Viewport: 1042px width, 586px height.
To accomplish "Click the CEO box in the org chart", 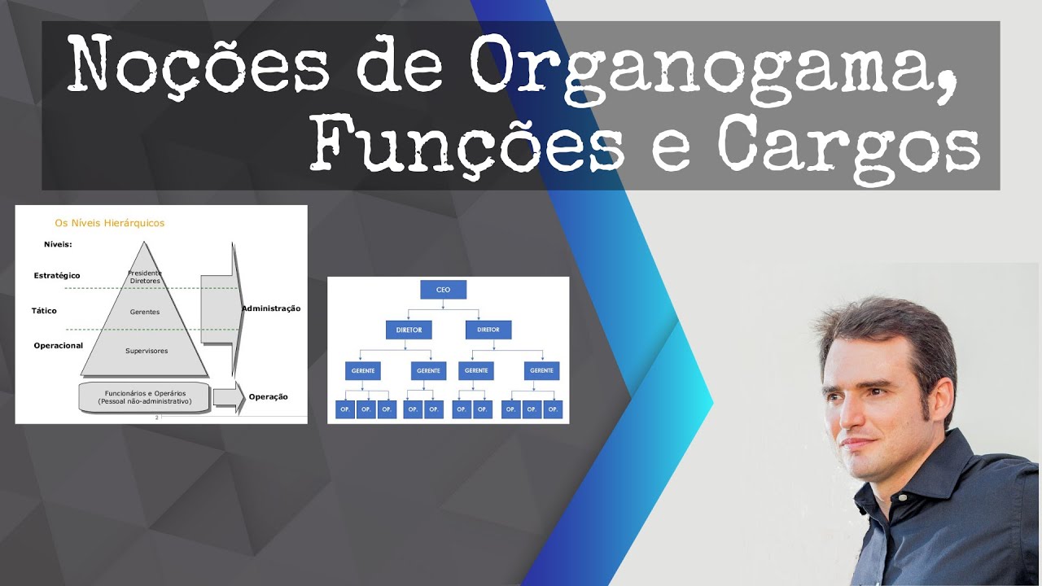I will click(x=443, y=290).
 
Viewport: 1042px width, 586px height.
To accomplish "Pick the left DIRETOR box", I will click(x=409, y=330).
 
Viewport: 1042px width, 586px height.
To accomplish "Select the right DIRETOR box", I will click(x=488, y=330).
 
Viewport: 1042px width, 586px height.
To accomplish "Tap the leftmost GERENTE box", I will click(x=362, y=370).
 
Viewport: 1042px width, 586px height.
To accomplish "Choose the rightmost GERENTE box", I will click(x=541, y=370).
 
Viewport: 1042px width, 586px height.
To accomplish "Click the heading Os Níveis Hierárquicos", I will click(x=109, y=222).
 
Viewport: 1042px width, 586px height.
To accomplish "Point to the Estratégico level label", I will click(x=57, y=275).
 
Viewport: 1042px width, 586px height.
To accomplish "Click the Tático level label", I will click(x=44, y=311).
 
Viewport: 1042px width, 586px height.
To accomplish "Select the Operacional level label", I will click(x=59, y=346).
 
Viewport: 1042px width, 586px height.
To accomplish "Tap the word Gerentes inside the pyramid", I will click(x=145, y=312).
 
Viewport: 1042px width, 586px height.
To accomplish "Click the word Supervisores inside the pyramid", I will click(x=147, y=351).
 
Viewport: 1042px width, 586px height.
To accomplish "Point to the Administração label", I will click(x=271, y=308).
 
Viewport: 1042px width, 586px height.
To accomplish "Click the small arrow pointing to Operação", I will click(x=228, y=396).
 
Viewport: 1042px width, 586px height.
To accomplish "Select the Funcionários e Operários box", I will click(x=144, y=397).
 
